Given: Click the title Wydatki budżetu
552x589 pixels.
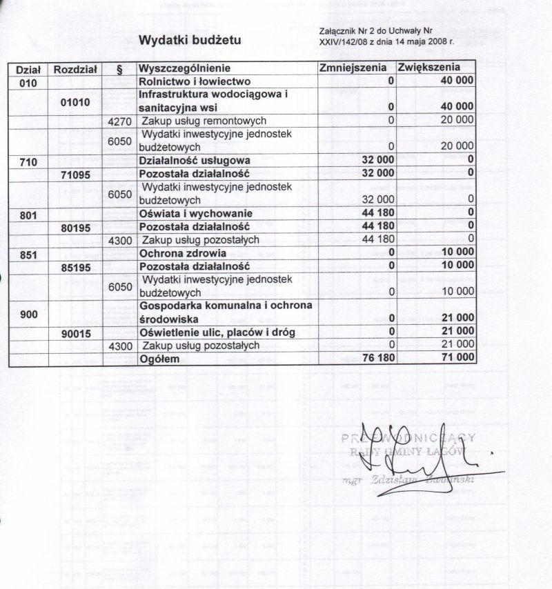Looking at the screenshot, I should click(190, 41).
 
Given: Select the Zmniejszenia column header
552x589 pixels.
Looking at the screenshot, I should click(356, 68).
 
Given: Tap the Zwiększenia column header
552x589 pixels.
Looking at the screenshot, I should click(428, 68).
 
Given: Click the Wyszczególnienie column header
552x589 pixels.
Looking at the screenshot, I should click(184, 69).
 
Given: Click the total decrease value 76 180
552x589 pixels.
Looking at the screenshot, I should click(377, 359).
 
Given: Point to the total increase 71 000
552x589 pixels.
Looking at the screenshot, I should click(456, 359).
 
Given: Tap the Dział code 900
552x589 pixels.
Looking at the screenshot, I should click(28, 313).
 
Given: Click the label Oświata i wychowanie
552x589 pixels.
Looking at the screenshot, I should click(195, 214).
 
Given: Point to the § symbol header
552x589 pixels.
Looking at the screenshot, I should click(120, 69).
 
